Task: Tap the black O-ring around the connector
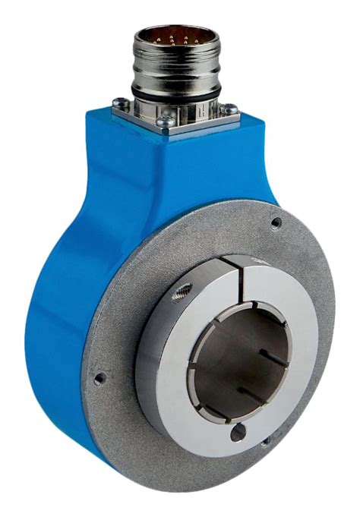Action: [176, 92]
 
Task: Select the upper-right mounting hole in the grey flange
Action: [276, 222]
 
